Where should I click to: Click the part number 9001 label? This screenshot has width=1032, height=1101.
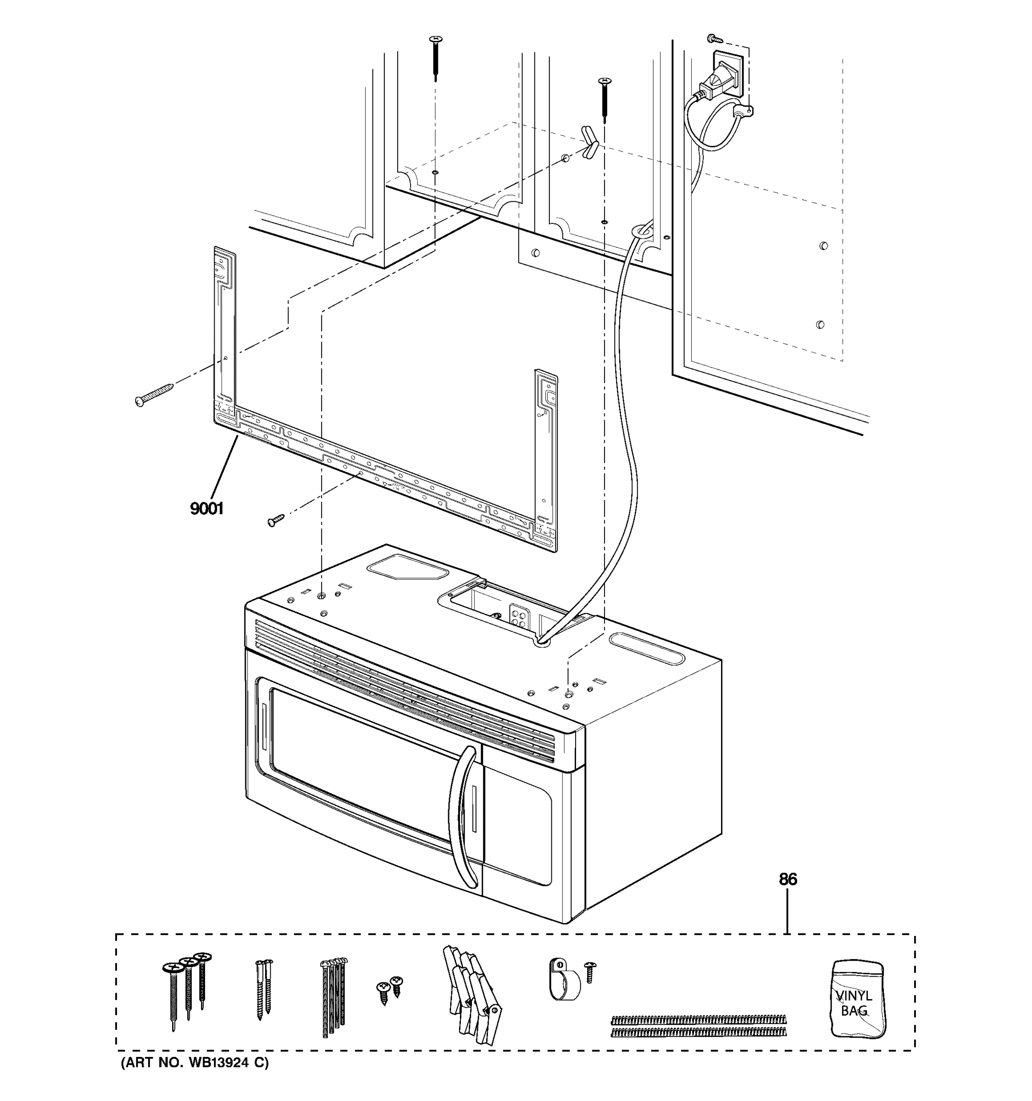coord(206,508)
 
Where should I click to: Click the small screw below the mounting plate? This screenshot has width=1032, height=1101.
coord(275,519)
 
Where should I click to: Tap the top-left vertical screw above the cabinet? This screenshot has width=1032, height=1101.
coord(436,58)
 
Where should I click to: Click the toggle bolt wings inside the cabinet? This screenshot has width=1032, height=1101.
coord(589,142)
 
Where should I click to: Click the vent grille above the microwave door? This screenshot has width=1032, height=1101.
coord(404,690)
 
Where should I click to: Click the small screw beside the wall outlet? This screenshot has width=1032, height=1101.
coord(714,39)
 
